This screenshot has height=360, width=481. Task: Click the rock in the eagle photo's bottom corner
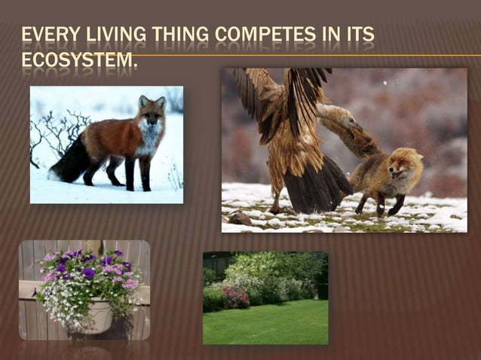click(240, 218)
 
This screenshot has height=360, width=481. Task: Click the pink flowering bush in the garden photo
click(236, 296)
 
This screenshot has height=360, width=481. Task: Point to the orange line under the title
click(302, 55)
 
